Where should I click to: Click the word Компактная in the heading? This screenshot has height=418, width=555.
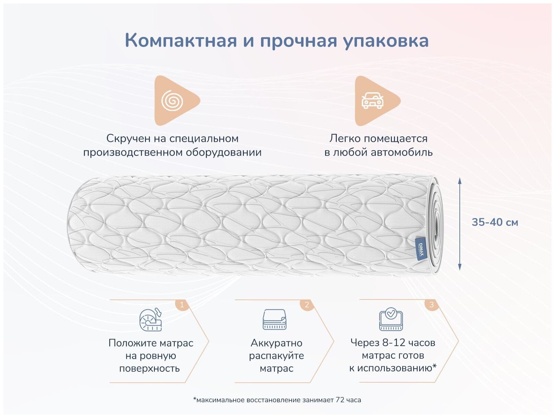(181, 40)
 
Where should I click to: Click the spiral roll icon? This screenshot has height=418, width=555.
(172, 101)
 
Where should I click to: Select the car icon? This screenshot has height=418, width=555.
(372, 101)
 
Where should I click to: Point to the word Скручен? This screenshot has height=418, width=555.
(128, 138)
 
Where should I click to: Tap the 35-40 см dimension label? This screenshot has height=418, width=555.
(495, 222)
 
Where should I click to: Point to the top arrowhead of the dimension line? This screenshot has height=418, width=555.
(460, 181)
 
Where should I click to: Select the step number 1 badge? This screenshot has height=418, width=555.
(182, 304)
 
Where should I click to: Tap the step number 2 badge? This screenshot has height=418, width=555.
(307, 304)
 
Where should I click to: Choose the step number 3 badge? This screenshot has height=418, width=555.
(431, 304)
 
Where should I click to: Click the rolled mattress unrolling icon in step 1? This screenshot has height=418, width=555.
(151, 320)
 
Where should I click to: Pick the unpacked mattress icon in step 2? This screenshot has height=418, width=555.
(274, 320)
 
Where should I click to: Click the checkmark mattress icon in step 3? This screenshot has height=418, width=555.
(391, 319)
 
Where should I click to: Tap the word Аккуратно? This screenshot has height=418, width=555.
(276, 343)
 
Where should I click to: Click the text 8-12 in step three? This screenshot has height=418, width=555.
(393, 343)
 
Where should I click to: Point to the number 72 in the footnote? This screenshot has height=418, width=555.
(340, 400)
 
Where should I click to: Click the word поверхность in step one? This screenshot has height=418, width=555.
(149, 369)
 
